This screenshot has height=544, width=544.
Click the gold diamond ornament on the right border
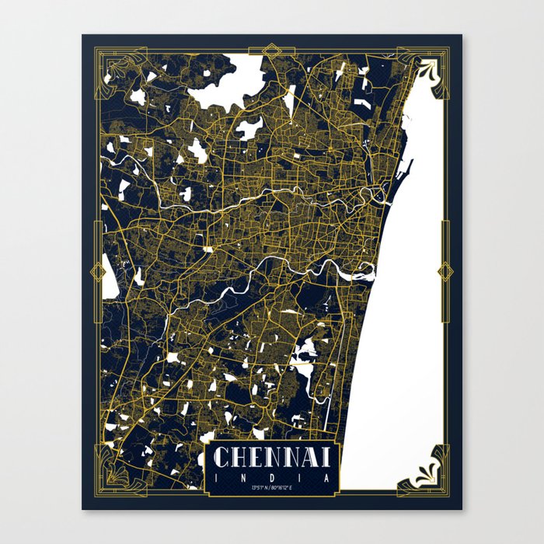[445, 271]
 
